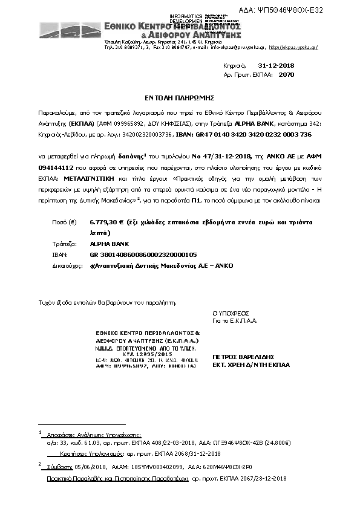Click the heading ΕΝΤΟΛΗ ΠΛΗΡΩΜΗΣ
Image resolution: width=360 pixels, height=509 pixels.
click(x=180, y=97)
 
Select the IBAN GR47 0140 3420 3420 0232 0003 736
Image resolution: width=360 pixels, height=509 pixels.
click(x=265, y=134)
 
